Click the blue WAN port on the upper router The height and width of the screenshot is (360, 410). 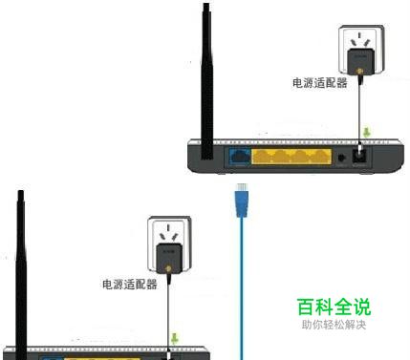pyautogui.click(x=238, y=156)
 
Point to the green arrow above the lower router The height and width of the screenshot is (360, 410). pyautogui.click(x=174, y=337)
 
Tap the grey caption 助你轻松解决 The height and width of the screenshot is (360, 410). pyautogui.click(x=333, y=325)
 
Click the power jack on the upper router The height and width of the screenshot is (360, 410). pyautogui.click(x=361, y=156)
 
